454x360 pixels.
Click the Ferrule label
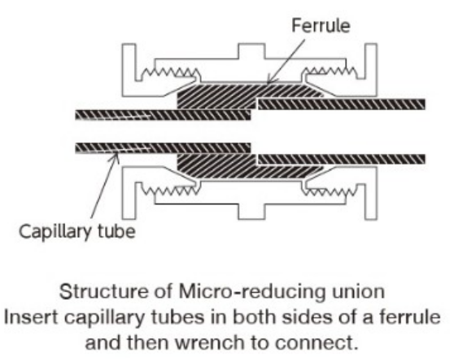321,25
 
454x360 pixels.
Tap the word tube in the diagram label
116,231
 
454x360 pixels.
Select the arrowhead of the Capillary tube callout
116,156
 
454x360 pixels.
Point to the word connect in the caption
313,343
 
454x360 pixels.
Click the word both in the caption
254,317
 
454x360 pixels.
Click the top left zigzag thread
170,72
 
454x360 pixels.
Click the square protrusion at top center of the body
251,51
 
